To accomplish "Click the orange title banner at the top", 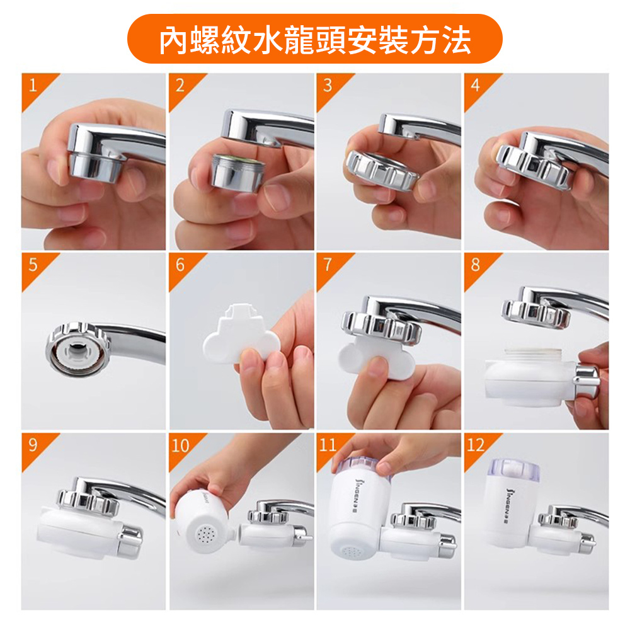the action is tap(314, 39).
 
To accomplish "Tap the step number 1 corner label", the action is tap(33, 85).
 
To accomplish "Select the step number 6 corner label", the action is tap(180, 265).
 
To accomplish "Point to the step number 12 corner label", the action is tap(476, 445).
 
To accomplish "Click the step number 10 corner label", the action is tap(180, 445).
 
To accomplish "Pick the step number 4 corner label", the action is tap(476, 85).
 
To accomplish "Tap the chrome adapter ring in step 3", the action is tap(382, 170).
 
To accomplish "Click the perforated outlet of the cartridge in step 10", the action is tap(206, 534).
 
